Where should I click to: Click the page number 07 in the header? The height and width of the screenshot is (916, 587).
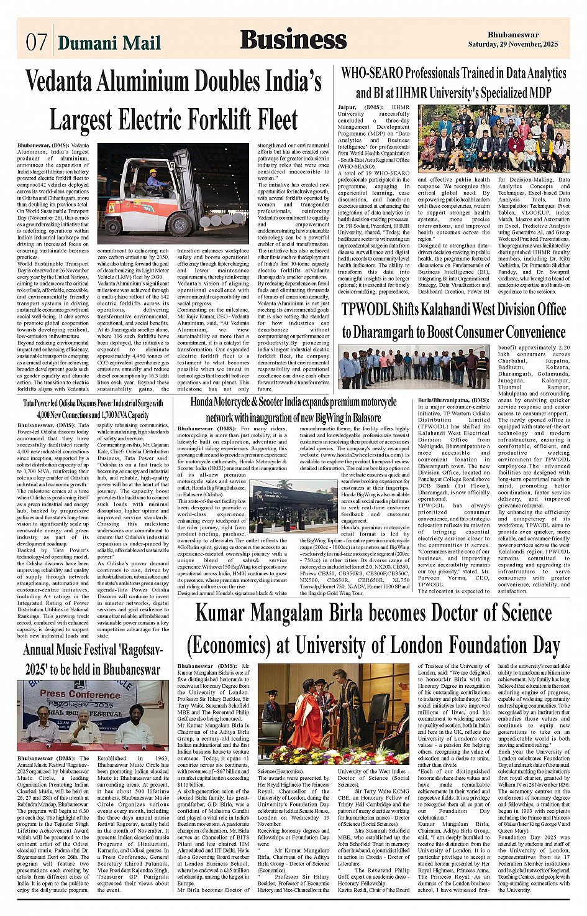[37, 42]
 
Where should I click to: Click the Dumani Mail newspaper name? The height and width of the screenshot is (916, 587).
[109, 42]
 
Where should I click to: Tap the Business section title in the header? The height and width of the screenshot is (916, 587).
[293, 39]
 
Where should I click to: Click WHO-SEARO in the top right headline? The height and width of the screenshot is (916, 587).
[372, 73]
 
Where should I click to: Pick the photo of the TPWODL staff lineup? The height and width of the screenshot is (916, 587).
[414, 367]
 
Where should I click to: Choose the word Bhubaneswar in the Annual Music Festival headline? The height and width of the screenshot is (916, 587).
[123, 669]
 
